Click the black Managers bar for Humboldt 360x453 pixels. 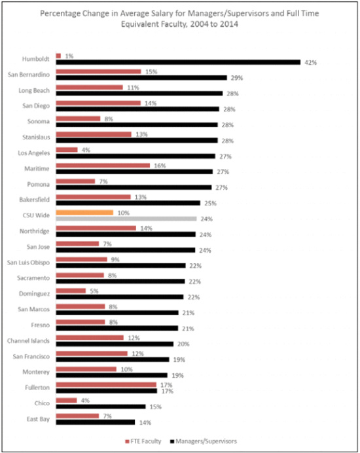pyautogui.click(x=178, y=62)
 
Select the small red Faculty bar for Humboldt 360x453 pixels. pyautogui.click(x=58, y=56)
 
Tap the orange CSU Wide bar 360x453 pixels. pyautogui.click(x=84, y=213)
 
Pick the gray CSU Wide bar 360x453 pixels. pyautogui.click(x=126, y=219)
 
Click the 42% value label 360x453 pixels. pyautogui.click(x=311, y=62)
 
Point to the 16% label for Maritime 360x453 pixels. pyautogui.click(x=160, y=166)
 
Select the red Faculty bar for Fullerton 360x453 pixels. pyautogui.click(x=106, y=385)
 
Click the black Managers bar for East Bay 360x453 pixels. pyautogui.click(x=96, y=422)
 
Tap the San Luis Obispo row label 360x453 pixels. pyautogui.click(x=28, y=263)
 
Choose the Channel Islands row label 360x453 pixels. pyautogui.click(x=28, y=341)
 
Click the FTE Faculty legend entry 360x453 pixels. pyautogui.click(x=143, y=441)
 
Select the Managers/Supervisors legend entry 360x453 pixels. pyautogui.click(x=204, y=441)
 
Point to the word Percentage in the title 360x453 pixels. pyautogui.click(x=58, y=13)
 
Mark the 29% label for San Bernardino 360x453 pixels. pyautogui.click(x=237, y=78)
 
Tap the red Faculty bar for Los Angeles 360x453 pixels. pyautogui.click(x=67, y=150)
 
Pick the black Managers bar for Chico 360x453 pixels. pyautogui.click(x=101, y=407)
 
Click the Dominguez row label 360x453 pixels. pyautogui.click(x=35, y=294)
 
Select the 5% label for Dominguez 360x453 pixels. pyautogui.click(x=94, y=291)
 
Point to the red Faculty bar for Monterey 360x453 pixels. pyautogui.click(x=86, y=369)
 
